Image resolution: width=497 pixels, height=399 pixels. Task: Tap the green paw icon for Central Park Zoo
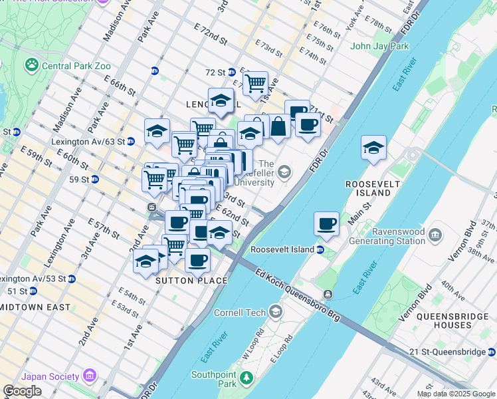(x=31, y=65)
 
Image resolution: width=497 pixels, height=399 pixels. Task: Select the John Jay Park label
(x=379, y=47)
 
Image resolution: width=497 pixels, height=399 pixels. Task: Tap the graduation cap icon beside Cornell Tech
(x=276, y=312)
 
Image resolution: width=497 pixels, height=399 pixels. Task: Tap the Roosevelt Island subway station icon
(x=320, y=250)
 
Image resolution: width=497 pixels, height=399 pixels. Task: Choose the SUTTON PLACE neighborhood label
(x=191, y=281)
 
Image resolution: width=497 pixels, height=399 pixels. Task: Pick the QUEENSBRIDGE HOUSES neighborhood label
(x=444, y=321)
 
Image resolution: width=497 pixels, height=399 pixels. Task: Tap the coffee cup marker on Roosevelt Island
(x=326, y=224)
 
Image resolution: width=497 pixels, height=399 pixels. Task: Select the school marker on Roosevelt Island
(x=374, y=148)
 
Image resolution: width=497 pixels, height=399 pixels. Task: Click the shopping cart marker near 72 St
(x=254, y=84)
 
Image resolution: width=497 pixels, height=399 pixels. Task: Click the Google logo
(x=22, y=391)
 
